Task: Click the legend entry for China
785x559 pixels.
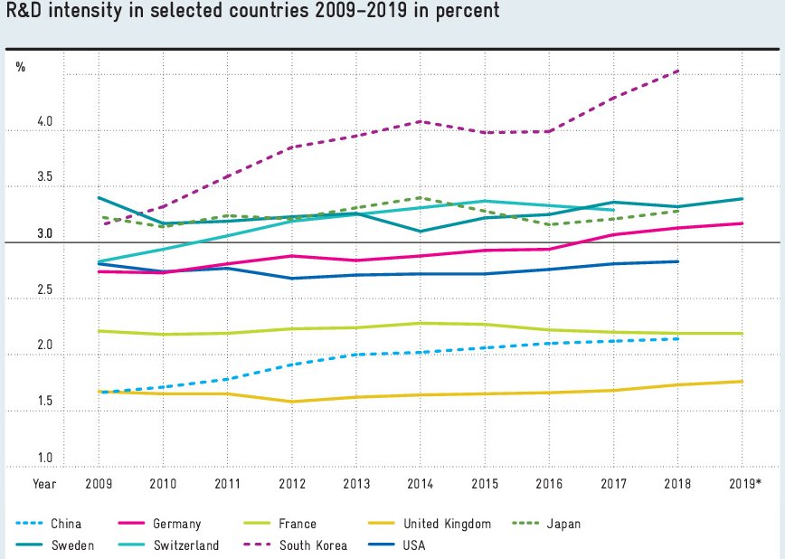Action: (66, 524)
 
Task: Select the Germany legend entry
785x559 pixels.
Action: (177, 524)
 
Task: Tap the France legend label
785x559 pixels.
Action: (297, 524)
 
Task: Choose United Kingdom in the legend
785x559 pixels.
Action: (447, 524)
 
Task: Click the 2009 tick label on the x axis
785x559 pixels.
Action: (98, 484)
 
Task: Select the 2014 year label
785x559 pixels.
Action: (420, 484)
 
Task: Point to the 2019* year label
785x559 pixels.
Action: (744, 484)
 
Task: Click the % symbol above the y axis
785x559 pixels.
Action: (20, 67)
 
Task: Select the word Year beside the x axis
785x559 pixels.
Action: (44, 484)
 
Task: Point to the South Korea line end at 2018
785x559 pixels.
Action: (678, 71)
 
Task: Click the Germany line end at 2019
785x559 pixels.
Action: (742, 223)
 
